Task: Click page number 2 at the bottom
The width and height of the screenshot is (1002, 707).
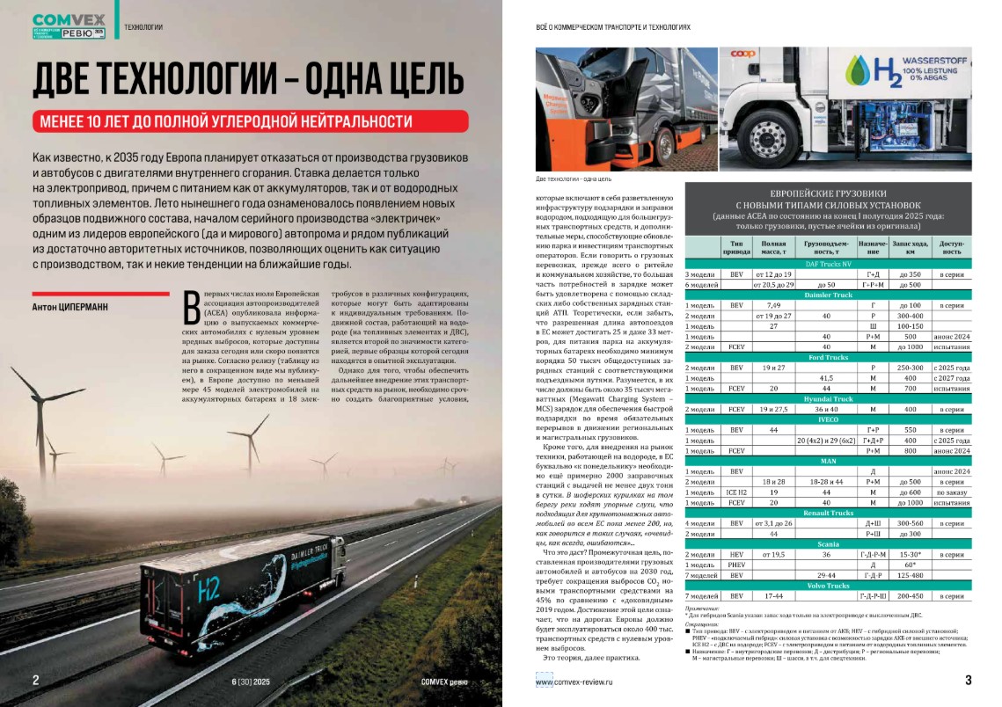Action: (35, 680)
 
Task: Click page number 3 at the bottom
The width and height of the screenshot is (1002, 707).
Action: (967, 680)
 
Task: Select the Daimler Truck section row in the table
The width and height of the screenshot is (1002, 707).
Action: (828, 295)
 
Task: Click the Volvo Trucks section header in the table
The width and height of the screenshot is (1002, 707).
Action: (828, 585)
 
